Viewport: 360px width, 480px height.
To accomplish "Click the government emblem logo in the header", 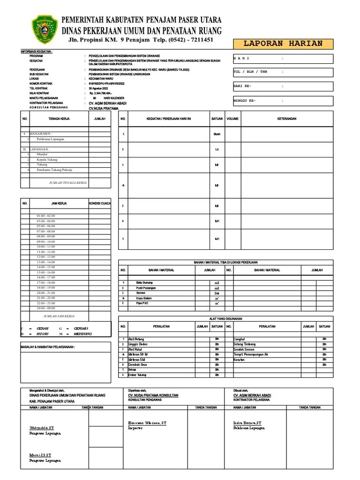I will [x=45, y=29].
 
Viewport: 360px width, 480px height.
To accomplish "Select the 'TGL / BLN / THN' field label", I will [x=250, y=72].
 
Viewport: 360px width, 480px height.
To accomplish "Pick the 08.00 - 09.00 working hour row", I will [x=45, y=236].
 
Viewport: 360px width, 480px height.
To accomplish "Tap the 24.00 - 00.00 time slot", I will [x=45, y=308].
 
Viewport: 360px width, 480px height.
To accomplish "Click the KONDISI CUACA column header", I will [x=100, y=203].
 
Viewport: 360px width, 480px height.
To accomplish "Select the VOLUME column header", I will [x=232, y=119].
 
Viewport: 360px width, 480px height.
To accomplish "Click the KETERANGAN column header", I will [x=287, y=119].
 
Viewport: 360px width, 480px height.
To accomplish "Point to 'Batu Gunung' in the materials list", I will [x=144, y=283].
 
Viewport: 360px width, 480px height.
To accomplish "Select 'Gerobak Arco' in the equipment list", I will [x=137, y=365].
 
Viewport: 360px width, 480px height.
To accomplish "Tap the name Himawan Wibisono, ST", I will [x=147, y=423].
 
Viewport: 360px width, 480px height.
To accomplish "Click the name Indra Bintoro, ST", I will [x=248, y=423].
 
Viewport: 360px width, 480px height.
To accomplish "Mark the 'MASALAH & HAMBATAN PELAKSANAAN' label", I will [x=48, y=347].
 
